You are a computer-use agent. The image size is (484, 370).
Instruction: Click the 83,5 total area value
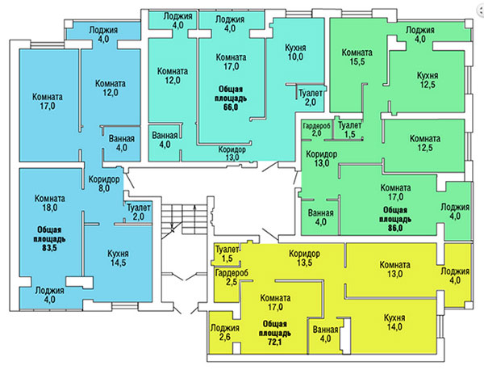49,247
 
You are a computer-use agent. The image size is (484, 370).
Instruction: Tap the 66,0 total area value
230,107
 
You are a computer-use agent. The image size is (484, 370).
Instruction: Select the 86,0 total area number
395,228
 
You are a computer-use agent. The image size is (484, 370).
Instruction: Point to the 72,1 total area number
274,343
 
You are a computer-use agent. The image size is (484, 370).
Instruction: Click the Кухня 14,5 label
118,258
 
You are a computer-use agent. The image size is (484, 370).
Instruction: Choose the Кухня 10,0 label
295,53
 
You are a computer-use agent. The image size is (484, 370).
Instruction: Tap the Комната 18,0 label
50,203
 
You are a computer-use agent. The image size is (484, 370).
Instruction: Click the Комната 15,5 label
357,57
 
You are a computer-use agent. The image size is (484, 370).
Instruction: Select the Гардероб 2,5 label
232,277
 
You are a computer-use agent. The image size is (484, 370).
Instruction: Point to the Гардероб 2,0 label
317,129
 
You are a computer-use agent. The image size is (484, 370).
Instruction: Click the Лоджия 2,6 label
225,332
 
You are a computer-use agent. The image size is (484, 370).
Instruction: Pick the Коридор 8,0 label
104,183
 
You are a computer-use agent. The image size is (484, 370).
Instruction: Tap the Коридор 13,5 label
304,258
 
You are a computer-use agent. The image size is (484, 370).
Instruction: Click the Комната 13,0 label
394,269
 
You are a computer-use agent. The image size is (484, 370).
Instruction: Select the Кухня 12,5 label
428,80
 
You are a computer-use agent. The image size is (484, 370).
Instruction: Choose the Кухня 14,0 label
394,322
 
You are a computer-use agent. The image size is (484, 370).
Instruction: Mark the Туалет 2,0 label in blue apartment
139,212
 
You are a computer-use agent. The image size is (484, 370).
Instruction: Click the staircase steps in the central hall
184,217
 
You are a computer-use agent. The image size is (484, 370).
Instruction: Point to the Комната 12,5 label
425,143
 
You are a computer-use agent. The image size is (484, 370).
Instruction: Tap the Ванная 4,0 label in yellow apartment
325,334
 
